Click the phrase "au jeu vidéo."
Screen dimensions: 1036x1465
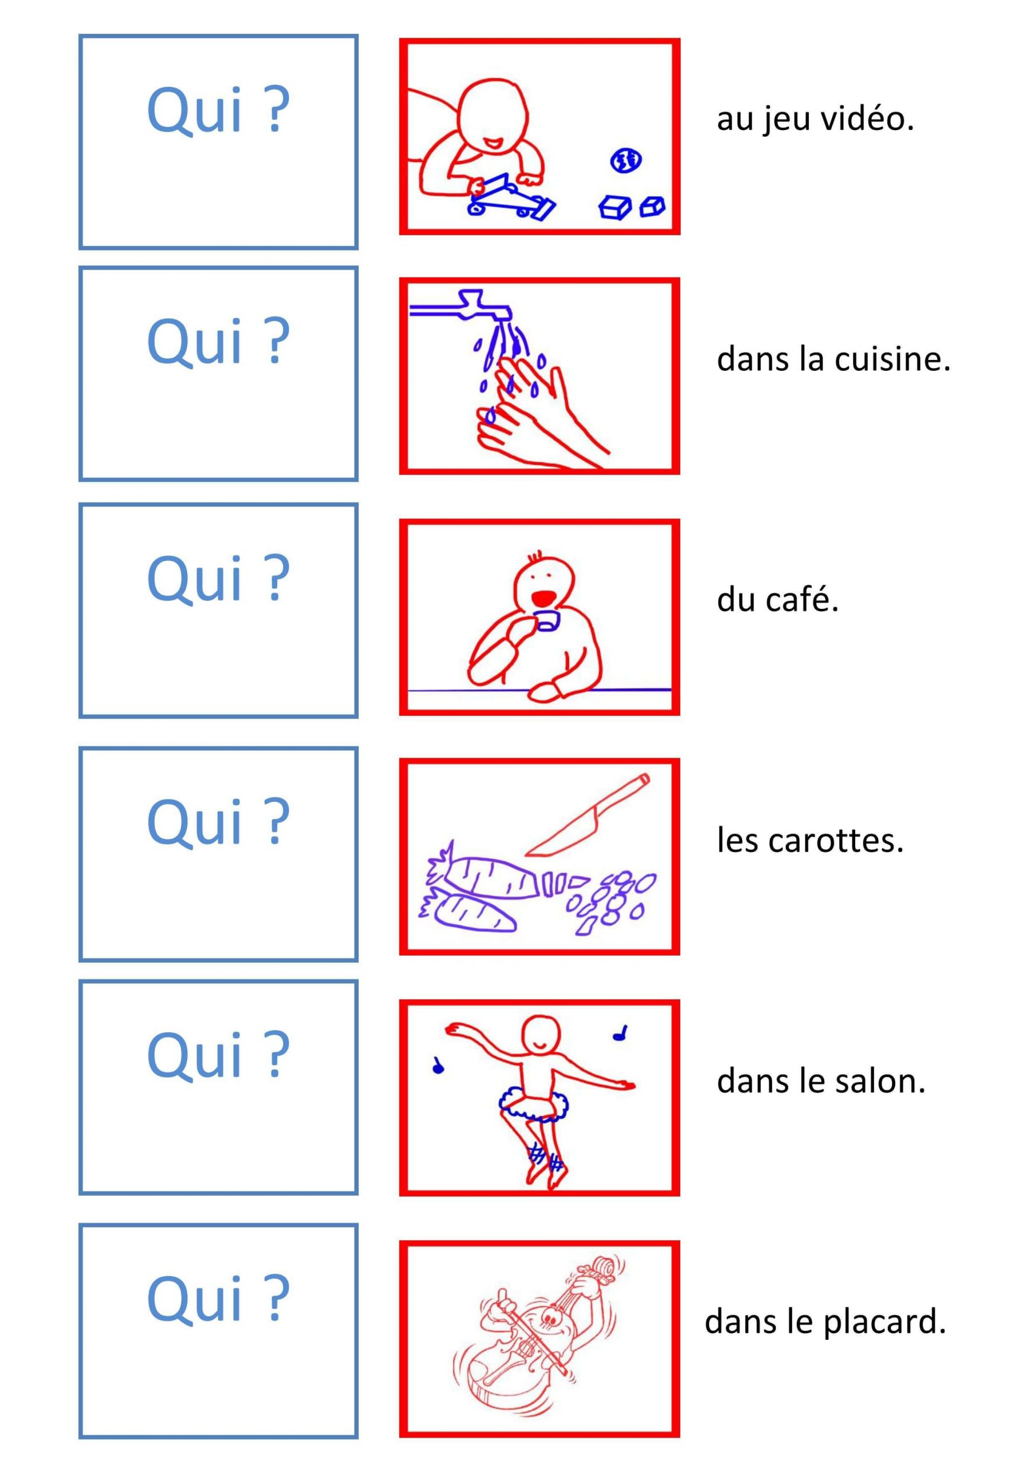pyautogui.click(x=815, y=120)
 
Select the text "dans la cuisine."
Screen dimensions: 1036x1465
pyautogui.click(x=833, y=359)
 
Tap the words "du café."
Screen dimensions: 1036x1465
pyautogui.click(x=777, y=599)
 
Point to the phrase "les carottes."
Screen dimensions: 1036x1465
pyautogui.click(x=810, y=840)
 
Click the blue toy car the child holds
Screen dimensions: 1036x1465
pyautogui.click(x=511, y=199)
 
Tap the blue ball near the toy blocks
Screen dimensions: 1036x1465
pyautogui.click(x=626, y=161)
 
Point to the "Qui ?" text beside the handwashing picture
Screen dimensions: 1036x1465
pyautogui.click(x=218, y=342)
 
